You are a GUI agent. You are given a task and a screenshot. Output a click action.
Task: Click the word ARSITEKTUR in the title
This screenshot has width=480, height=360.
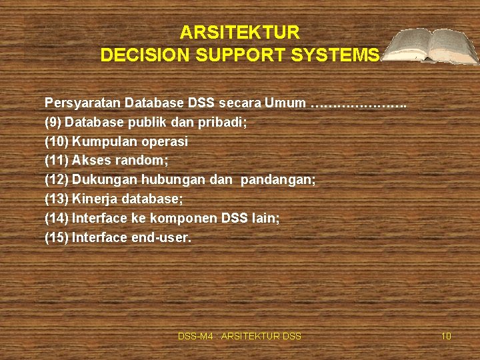pyautogui.click(x=240, y=32)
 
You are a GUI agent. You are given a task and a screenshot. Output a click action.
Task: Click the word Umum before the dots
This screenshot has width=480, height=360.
pyautogui.click(x=285, y=103)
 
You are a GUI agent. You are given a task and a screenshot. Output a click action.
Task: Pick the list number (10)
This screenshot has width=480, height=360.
pyautogui.click(x=57, y=141)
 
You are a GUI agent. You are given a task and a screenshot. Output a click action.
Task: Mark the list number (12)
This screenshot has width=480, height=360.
pyautogui.click(x=57, y=180)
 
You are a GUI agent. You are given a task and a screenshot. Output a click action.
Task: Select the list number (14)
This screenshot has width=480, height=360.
pyautogui.click(x=57, y=218)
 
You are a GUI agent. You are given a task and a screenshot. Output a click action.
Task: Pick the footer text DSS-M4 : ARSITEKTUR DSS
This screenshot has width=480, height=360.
pyautogui.click(x=239, y=336)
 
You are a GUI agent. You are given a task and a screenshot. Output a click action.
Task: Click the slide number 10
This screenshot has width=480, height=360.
pyautogui.click(x=446, y=336)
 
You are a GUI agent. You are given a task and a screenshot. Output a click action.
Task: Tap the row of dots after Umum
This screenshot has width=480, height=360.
pyautogui.click(x=359, y=105)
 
